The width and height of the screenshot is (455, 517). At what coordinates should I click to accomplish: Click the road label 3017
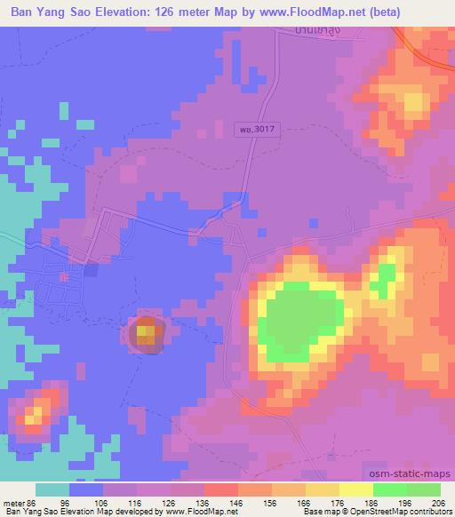[x=257, y=129]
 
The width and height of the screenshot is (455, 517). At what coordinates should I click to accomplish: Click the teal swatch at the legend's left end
[x=52, y=489]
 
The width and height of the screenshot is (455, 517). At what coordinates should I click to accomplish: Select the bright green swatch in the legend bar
[x=390, y=489]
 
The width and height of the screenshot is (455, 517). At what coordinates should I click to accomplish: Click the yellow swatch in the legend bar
[x=356, y=489]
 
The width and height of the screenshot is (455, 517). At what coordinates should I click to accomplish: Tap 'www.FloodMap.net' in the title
[x=300, y=12]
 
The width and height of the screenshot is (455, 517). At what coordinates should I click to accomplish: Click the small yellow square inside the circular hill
[x=148, y=333]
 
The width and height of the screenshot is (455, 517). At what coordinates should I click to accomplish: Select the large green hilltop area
[x=302, y=320]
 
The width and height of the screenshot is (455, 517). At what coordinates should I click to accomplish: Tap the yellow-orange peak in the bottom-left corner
[x=36, y=413]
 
